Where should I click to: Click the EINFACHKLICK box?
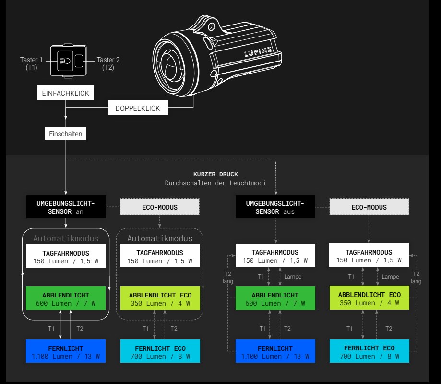[x=66, y=93]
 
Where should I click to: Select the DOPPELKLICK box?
[x=138, y=108]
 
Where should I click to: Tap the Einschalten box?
[x=66, y=134]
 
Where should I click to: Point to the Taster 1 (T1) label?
[x=31, y=63]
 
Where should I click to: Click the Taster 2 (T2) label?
[x=108, y=63]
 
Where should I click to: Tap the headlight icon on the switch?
[x=65, y=61]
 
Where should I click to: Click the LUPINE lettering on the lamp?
[x=258, y=52]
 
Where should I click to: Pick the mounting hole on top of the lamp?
[x=211, y=27]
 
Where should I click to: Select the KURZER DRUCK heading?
[x=215, y=174]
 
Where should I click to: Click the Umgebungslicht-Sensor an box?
[x=66, y=207]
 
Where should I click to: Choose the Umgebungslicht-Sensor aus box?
[x=275, y=207]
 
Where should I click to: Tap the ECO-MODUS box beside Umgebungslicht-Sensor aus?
[x=369, y=207]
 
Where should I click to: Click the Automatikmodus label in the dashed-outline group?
[x=160, y=239]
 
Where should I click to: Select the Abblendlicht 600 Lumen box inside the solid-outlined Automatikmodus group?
[x=66, y=298]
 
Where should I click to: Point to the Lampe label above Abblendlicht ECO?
[x=390, y=277]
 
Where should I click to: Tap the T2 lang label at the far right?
[x=416, y=277]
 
